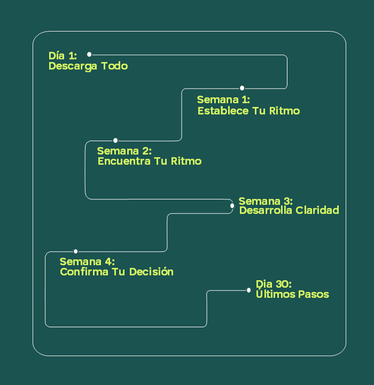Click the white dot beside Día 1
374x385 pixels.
coord(89,54)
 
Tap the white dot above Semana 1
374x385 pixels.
coord(242,88)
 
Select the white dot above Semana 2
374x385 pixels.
coord(115,141)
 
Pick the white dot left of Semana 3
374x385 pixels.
coord(232,205)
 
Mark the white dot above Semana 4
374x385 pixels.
coord(76,251)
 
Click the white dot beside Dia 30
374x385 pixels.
coord(248,290)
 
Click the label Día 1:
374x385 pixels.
coord(63,56)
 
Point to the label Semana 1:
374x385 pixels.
coord(223,100)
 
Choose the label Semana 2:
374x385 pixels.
coord(124,151)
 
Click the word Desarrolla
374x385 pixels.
coord(266,211)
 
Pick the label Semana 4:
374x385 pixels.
coord(87,262)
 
